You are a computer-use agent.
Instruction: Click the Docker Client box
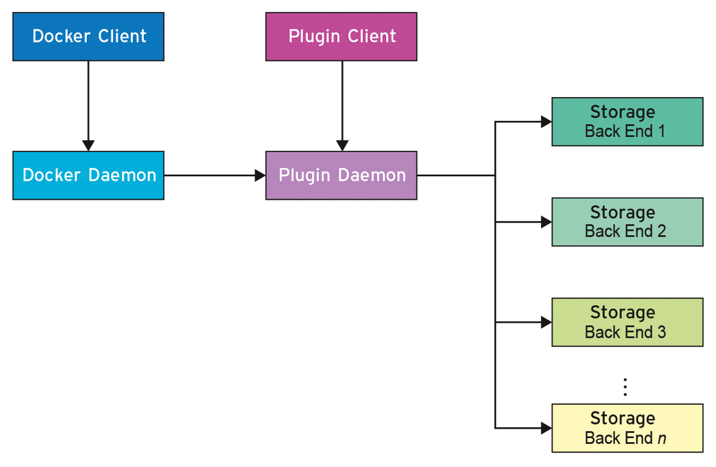(88, 36)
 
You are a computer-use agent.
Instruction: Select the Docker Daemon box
(88, 175)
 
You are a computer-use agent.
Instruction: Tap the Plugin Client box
(341, 36)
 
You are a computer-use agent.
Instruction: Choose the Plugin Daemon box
(341, 175)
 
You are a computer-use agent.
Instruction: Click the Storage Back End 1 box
(627, 121)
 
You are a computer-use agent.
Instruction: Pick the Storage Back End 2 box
(627, 222)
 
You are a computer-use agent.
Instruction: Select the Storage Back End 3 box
(627, 322)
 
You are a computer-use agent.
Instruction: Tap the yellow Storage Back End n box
(627, 428)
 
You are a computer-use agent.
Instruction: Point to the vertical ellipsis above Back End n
(625, 387)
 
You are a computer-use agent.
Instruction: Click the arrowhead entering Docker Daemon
(88, 145)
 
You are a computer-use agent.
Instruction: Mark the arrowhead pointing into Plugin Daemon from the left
(260, 175)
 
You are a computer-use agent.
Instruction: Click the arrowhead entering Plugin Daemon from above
(342, 145)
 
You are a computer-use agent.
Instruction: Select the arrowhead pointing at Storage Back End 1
(546, 121)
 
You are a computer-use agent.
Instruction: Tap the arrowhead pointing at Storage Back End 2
(546, 222)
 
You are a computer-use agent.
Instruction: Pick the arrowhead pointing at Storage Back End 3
(546, 322)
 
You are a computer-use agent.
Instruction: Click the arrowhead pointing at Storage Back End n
(546, 428)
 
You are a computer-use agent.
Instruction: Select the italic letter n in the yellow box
(662, 439)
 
